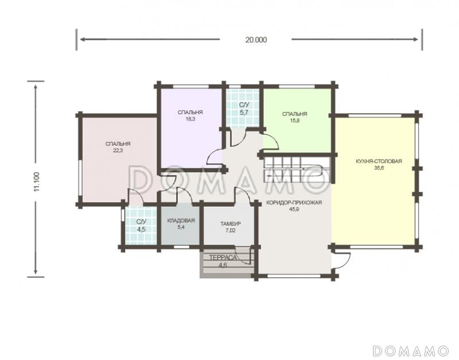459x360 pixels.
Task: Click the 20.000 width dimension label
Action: (256, 40)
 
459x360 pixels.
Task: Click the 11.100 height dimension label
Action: (37, 181)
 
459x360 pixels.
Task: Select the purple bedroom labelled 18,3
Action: (190, 128)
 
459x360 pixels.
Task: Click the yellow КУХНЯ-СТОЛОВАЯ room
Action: (375, 181)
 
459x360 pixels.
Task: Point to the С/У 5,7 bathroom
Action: (243, 109)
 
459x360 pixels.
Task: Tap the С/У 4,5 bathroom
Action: (141, 225)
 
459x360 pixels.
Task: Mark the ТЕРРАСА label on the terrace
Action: (223, 258)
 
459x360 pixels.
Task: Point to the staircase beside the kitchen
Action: (297, 170)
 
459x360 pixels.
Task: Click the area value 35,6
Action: (379, 168)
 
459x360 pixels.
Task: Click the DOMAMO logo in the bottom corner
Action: (410, 350)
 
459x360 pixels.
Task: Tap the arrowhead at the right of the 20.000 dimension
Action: (415, 39)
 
